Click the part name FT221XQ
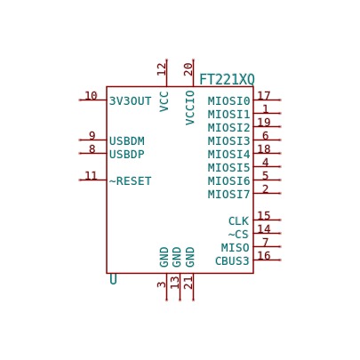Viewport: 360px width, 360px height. coord(227,79)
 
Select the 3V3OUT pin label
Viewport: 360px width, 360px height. coord(130,101)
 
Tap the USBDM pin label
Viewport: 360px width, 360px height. coord(127,141)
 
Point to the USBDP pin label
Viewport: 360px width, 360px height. coord(127,155)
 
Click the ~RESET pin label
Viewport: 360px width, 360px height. coord(130,181)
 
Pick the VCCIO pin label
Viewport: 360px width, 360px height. coord(190,108)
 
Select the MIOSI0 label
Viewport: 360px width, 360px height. coord(228,101)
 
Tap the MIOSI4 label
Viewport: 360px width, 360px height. coord(228,155)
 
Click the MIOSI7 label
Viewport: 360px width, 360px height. coord(228,195)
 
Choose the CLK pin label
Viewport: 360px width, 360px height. coord(238,221)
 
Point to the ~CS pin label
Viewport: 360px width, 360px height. coord(238,235)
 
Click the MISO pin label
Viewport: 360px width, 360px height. coord(236,247)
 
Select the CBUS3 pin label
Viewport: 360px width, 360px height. coord(232,261)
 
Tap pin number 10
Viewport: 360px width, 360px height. coord(91,96)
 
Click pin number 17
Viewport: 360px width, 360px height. coord(264,96)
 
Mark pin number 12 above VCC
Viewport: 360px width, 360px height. coord(162,69)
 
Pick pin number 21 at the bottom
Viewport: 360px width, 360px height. coord(188,283)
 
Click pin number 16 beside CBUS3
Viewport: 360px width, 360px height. coord(264,255)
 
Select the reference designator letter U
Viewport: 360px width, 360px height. coord(113,279)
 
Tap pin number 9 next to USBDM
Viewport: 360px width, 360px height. coord(92,136)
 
